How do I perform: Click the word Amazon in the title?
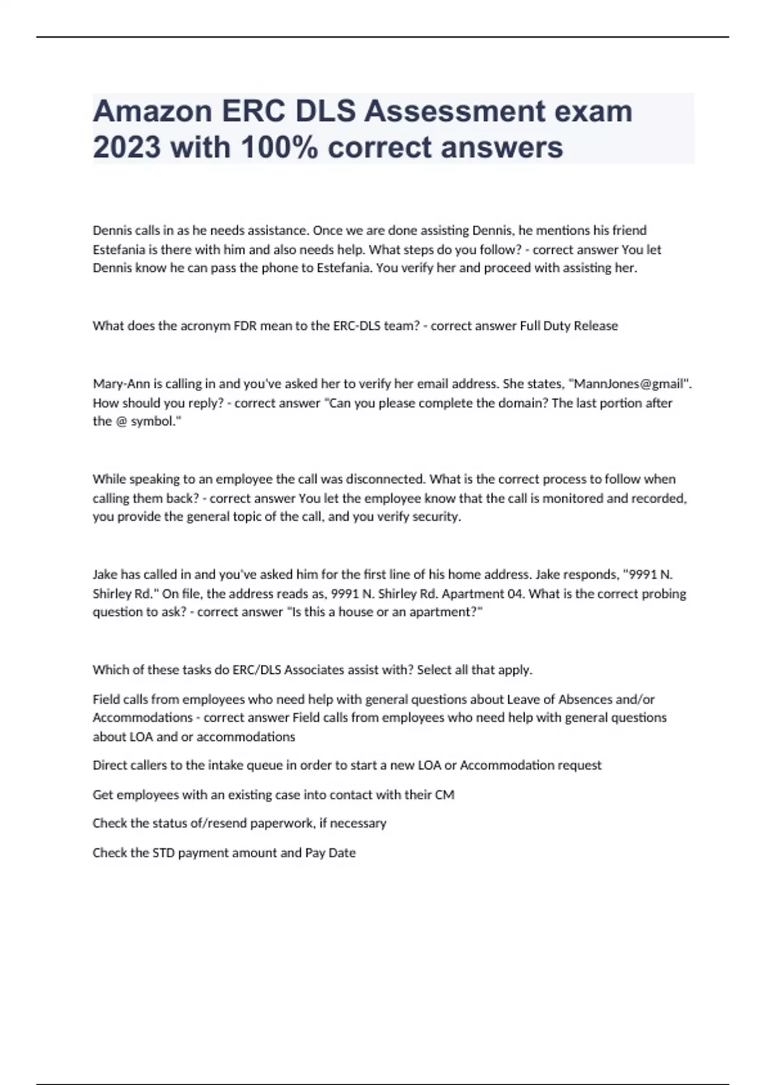coord(152,112)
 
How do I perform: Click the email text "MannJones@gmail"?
coord(628,384)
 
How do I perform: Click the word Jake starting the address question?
coord(105,574)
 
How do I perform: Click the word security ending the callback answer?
coord(437,516)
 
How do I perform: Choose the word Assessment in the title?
coord(455,112)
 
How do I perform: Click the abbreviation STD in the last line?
coord(163,853)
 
